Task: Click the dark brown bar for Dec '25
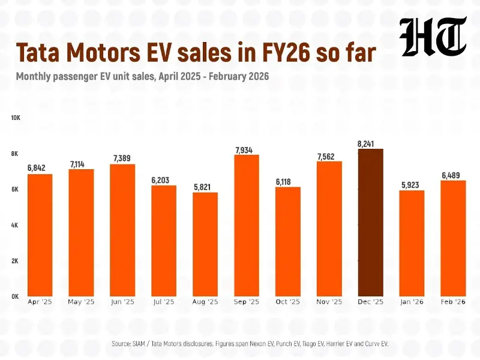[370, 223]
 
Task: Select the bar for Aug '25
[205, 244]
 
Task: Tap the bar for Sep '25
[246, 225]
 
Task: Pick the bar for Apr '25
[40, 235]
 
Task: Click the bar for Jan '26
[412, 243]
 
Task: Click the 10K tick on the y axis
[16, 118]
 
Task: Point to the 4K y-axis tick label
[16, 225]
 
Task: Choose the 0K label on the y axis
[16, 296]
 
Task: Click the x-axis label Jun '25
[122, 302]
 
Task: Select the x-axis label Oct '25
[287, 302]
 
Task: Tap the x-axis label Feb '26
[453, 302]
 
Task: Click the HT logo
[433, 37]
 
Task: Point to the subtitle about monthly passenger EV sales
[142, 77]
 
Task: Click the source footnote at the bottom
[250, 343]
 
